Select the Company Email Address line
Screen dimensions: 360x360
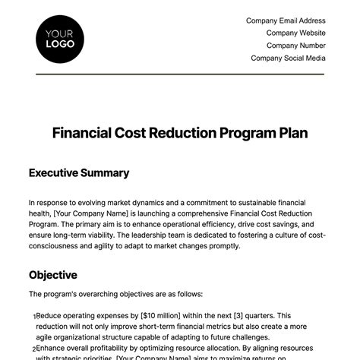coord(286,21)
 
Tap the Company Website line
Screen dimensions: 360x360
coord(295,33)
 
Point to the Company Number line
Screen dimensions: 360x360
coord(294,46)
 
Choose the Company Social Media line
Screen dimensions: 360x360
coord(288,58)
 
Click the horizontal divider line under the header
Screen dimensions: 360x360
coord(180,74)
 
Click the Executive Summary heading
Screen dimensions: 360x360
coord(79,173)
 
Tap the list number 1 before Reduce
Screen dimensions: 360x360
coord(33,317)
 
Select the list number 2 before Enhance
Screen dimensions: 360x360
coord(33,349)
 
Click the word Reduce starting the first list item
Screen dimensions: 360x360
coord(49,315)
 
